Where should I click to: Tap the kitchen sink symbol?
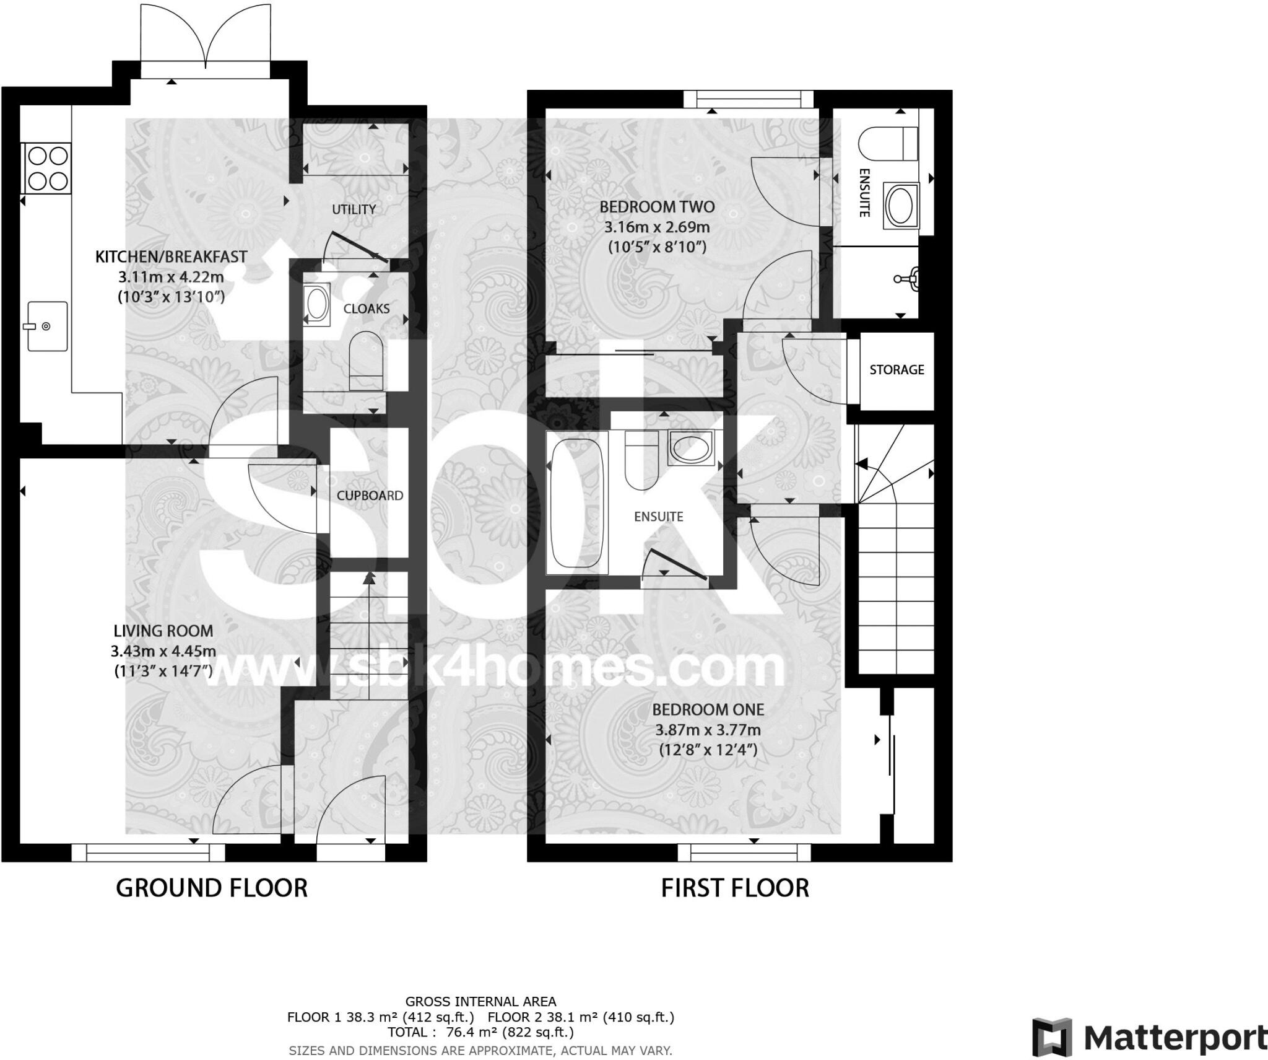tap(47, 326)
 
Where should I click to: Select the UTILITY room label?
tap(354, 209)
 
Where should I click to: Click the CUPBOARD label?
tap(370, 496)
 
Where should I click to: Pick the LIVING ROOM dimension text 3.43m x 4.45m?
tap(163, 651)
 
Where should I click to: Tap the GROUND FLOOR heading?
tap(212, 888)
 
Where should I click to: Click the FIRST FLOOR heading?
tap(735, 888)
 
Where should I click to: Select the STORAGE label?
tap(897, 370)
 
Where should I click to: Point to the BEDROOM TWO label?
tap(657, 206)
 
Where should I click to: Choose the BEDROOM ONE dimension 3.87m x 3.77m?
tap(708, 730)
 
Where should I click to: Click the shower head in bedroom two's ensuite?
tap(909, 278)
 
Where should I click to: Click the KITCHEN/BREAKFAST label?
tap(172, 256)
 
